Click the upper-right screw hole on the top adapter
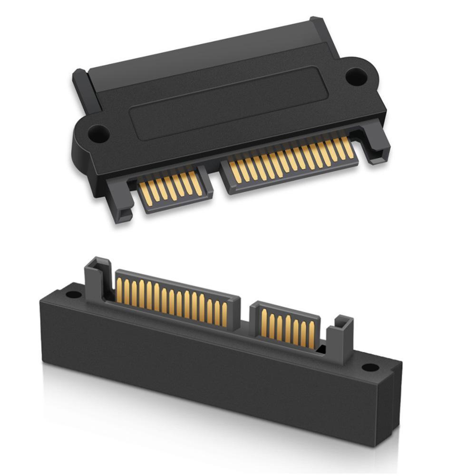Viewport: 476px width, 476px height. click(356, 77)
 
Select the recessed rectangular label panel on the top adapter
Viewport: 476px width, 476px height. click(229, 103)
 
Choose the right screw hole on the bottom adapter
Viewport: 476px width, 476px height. click(370, 368)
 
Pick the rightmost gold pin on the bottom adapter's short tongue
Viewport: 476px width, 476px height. click(312, 335)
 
